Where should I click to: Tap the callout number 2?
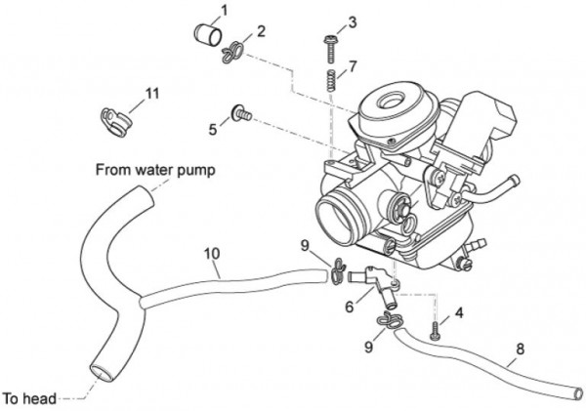261,32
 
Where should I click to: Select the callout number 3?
353,21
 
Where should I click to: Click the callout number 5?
213,128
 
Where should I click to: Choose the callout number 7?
353,66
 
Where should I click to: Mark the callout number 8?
520,347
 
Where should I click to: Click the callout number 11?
151,93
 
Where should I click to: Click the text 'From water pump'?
155,169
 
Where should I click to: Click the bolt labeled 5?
240,114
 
